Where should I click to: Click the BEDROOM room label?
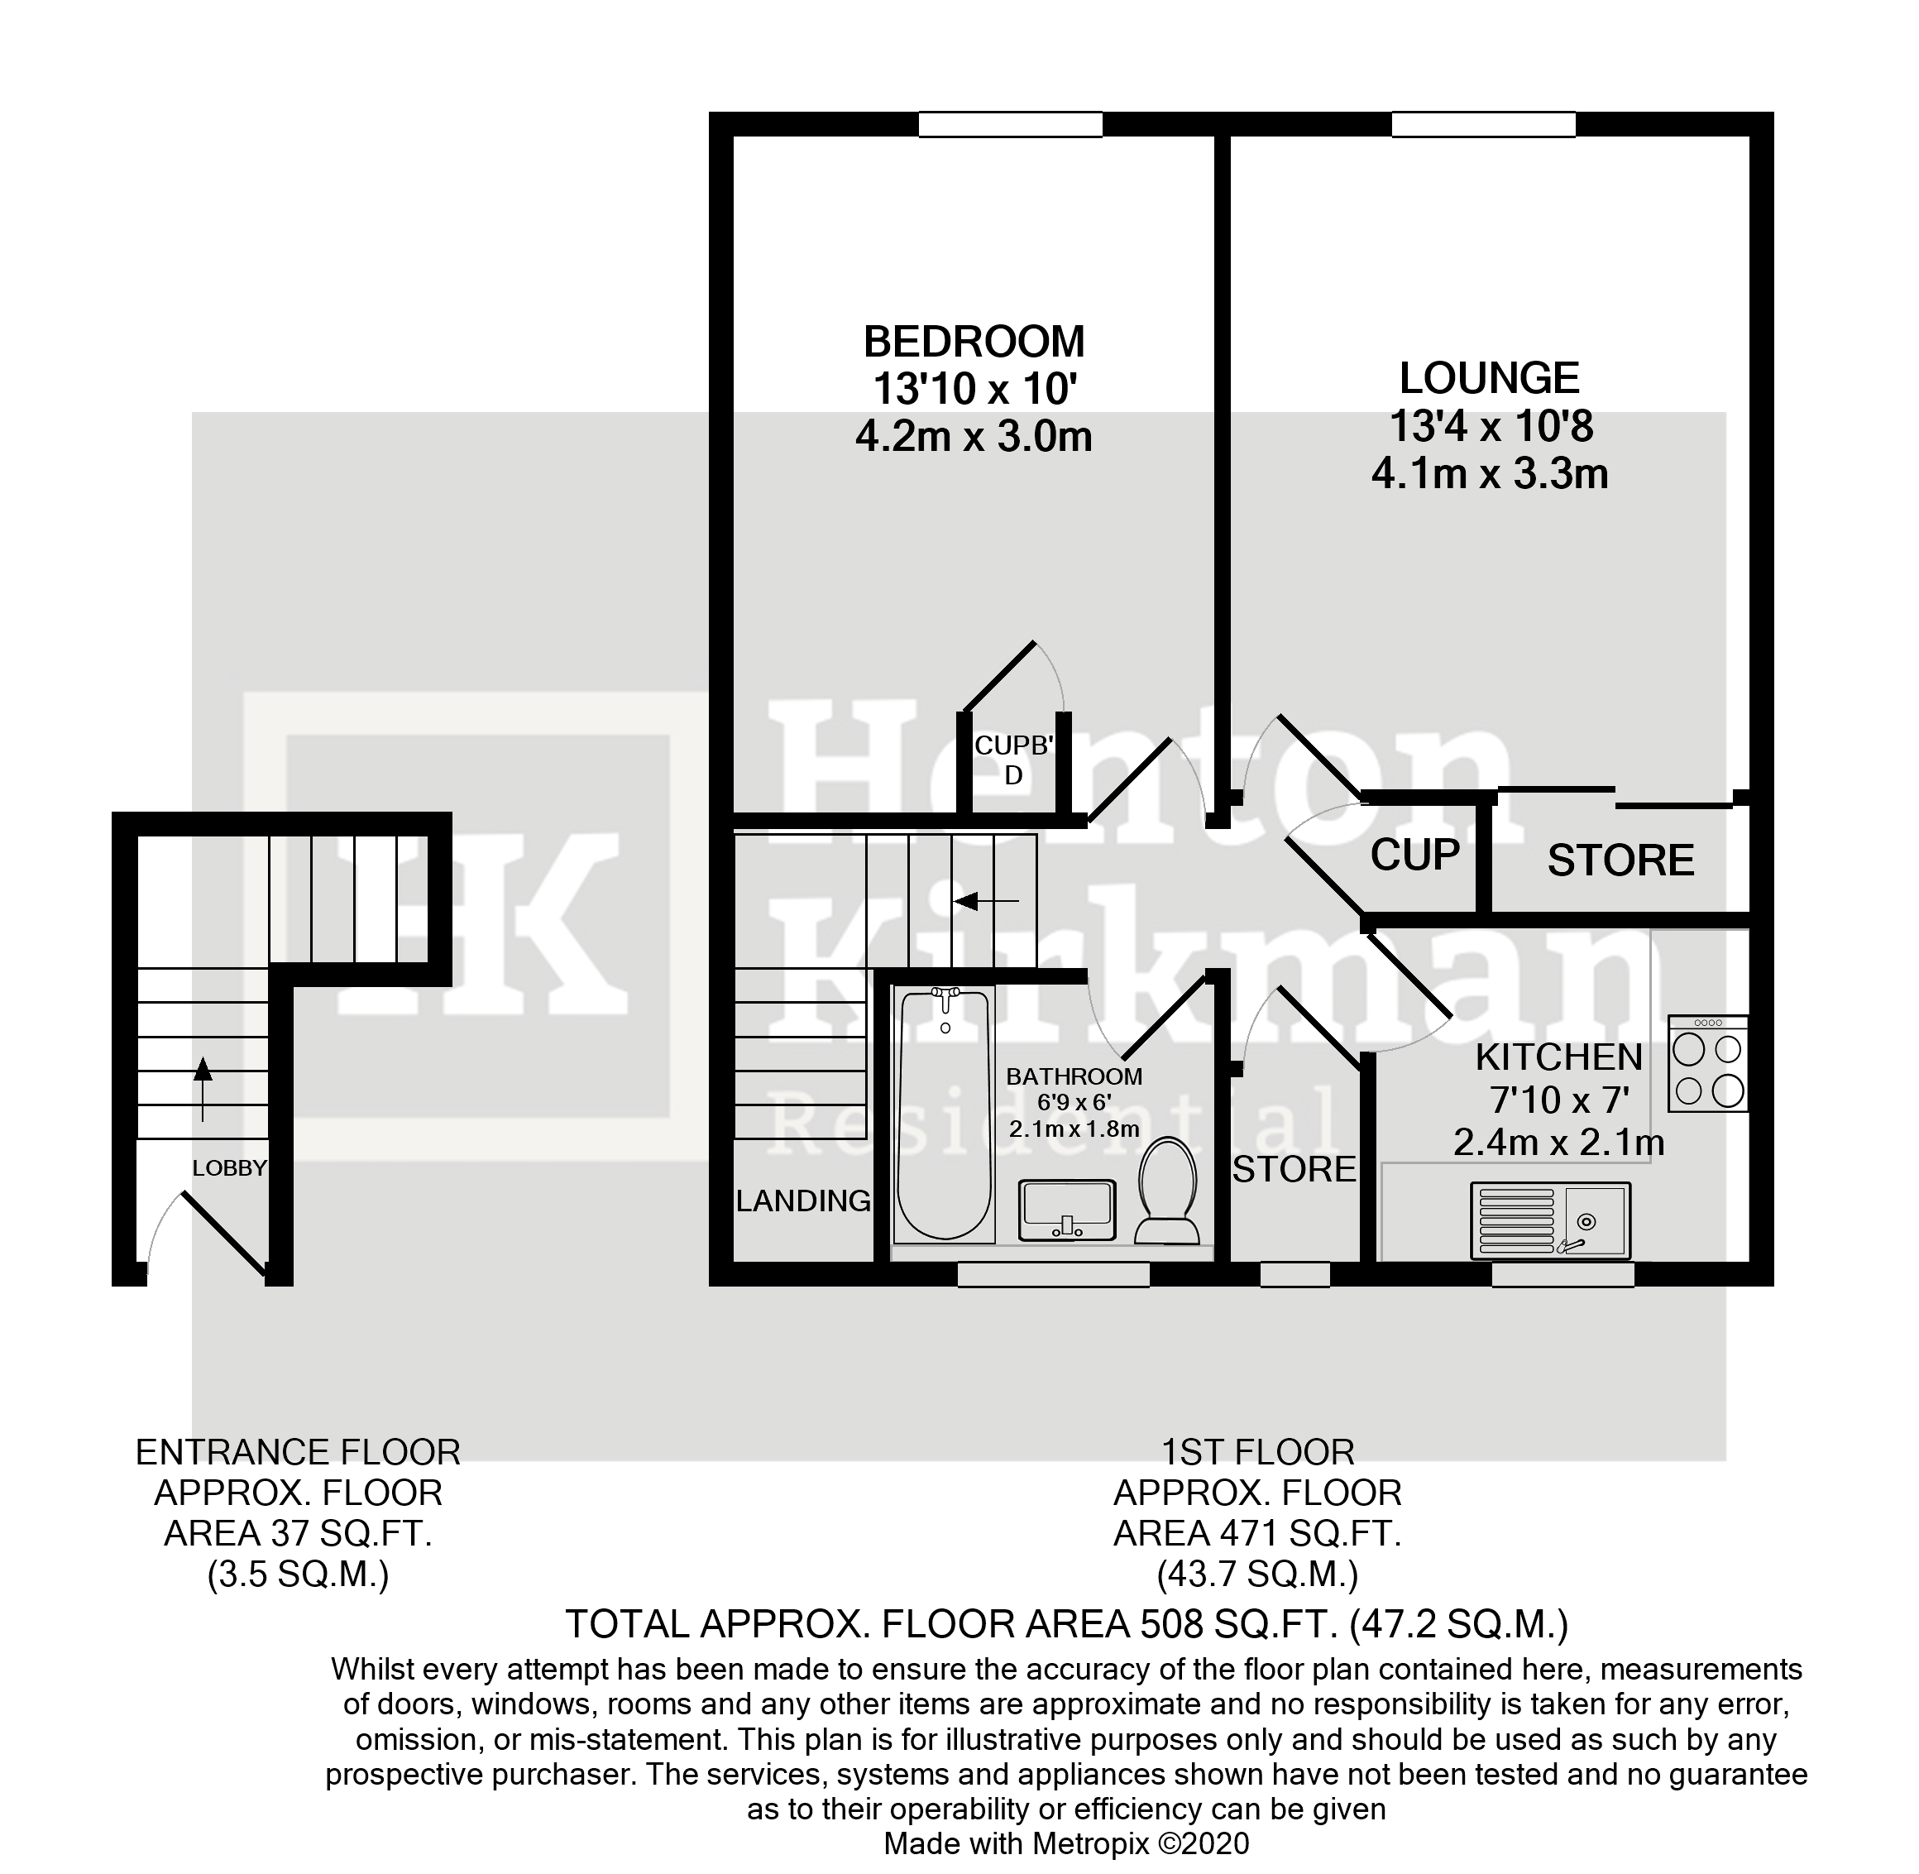pyautogui.click(x=974, y=343)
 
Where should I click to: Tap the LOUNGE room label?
pyautogui.click(x=1489, y=379)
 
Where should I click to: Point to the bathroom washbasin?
pyautogui.click(x=1067, y=1210)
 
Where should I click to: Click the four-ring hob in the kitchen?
pyautogui.click(x=1708, y=1064)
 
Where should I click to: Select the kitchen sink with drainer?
pyautogui.click(x=1550, y=1220)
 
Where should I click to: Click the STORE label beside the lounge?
pyautogui.click(x=1620, y=861)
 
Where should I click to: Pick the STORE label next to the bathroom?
pyautogui.click(x=1293, y=1169)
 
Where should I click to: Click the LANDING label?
pyautogui.click(x=803, y=1201)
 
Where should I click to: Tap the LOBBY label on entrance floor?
pyautogui.click(x=228, y=1168)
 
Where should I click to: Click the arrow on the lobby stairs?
pyautogui.click(x=203, y=1089)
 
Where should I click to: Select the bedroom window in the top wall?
pyautogui.click(x=1010, y=125)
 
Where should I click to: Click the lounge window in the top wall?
pyautogui.click(x=1482, y=125)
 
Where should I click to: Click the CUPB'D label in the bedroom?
pyautogui.click(x=1013, y=760)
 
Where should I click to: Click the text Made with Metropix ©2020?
pyautogui.click(x=1065, y=1843)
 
